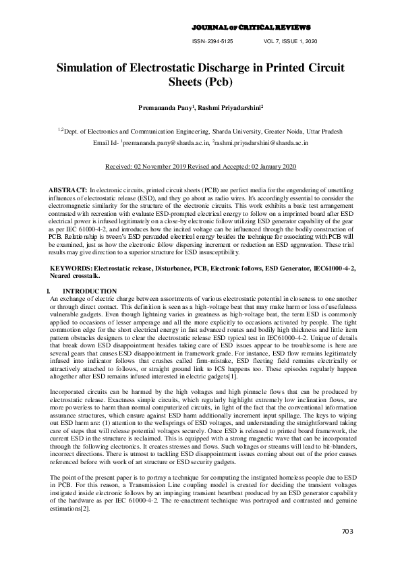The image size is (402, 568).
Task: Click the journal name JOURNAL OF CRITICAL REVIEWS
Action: point(252,27)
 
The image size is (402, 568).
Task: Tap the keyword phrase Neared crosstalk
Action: point(76,276)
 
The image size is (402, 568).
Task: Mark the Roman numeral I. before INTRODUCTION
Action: point(44,290)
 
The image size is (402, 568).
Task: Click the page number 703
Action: point(347,532)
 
